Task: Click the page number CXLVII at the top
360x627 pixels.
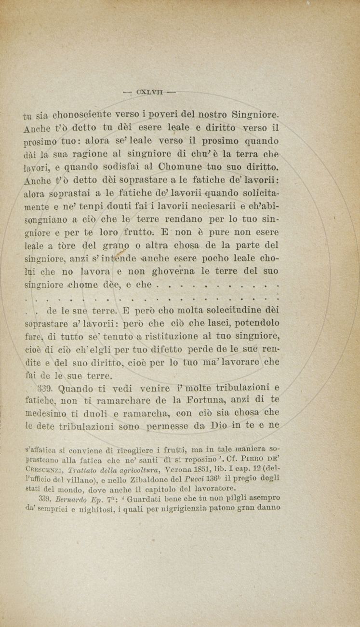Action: point(150,91)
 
